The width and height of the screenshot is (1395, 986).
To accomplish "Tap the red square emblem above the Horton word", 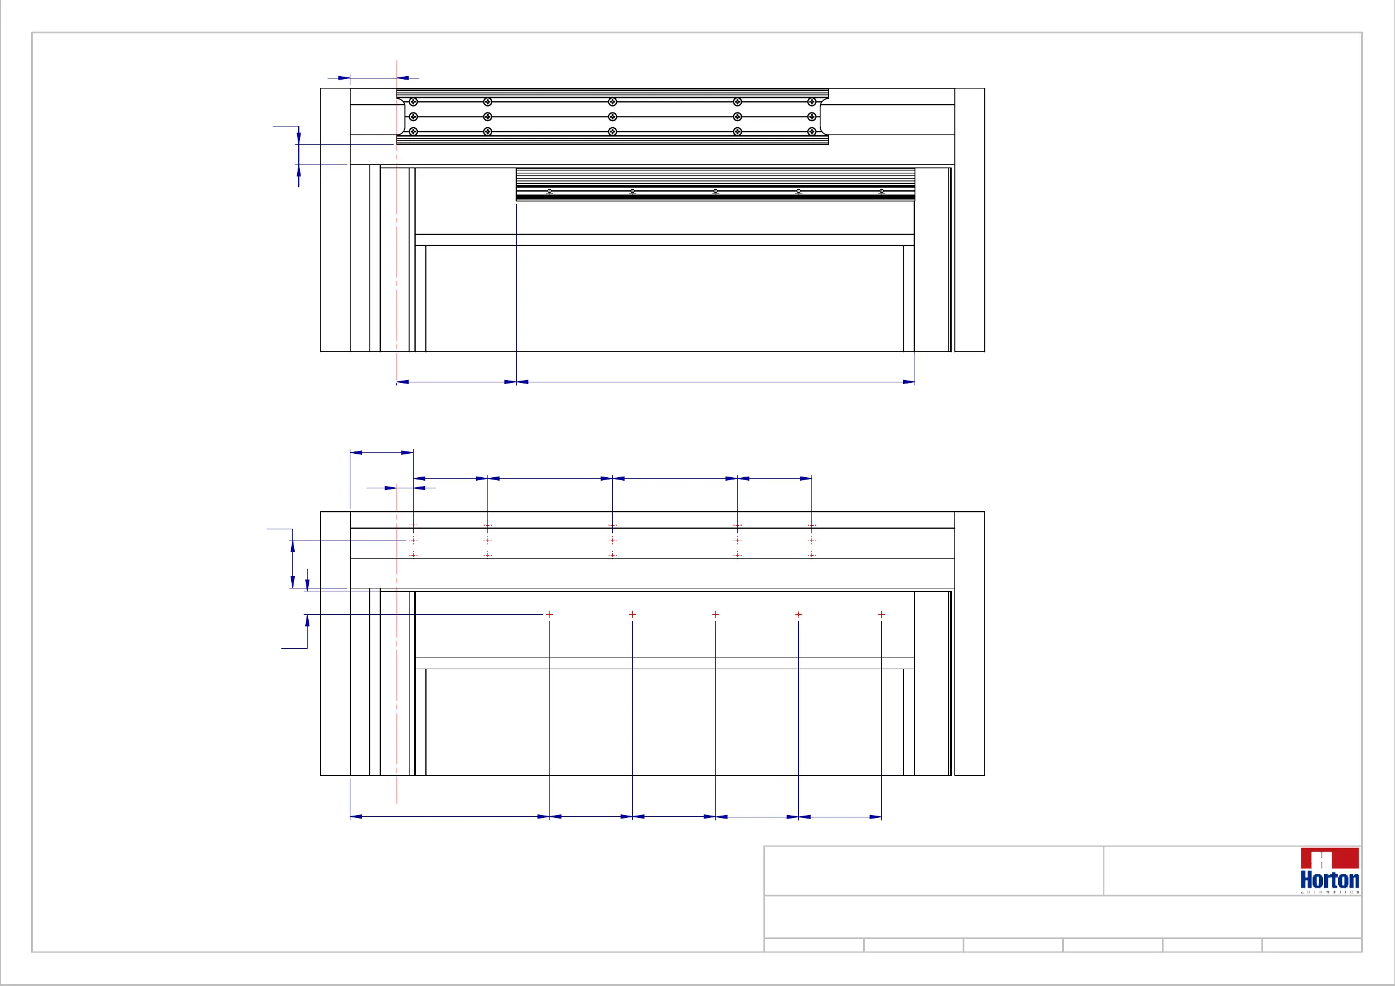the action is tap(1329, 858).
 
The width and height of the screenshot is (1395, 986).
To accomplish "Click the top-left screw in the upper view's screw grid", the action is tap(413, 101).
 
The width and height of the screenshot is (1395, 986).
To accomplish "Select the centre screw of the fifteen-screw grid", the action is tap(612, 117).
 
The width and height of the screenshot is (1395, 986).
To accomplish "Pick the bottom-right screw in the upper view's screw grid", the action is tap(811, 132).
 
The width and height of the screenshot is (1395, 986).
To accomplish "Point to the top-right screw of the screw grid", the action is tap(811, 101).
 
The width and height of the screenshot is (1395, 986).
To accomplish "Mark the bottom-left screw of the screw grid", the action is tap(413, 132).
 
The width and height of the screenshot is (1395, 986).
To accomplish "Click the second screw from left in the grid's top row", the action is tap(487, 101).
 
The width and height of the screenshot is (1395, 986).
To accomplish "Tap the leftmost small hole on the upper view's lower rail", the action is tap(549, 191).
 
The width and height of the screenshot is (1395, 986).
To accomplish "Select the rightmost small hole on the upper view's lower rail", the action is tap(882, 191).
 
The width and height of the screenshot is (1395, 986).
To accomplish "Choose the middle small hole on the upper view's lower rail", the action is tap(715, 191).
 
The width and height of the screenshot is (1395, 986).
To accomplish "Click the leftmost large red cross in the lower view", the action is tap(549, 614).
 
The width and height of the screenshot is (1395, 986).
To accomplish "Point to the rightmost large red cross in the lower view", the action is tap(882, 614).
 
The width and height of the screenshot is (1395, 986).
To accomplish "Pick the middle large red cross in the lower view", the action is tap(715, 614).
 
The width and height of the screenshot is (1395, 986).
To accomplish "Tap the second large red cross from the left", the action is tap(633, 614).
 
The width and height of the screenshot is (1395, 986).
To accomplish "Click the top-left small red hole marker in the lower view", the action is tap(413, 525).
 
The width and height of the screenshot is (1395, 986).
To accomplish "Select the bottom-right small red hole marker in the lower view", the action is tap(811, 555).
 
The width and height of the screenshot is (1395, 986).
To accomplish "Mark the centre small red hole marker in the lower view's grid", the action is tap(612, 540).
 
